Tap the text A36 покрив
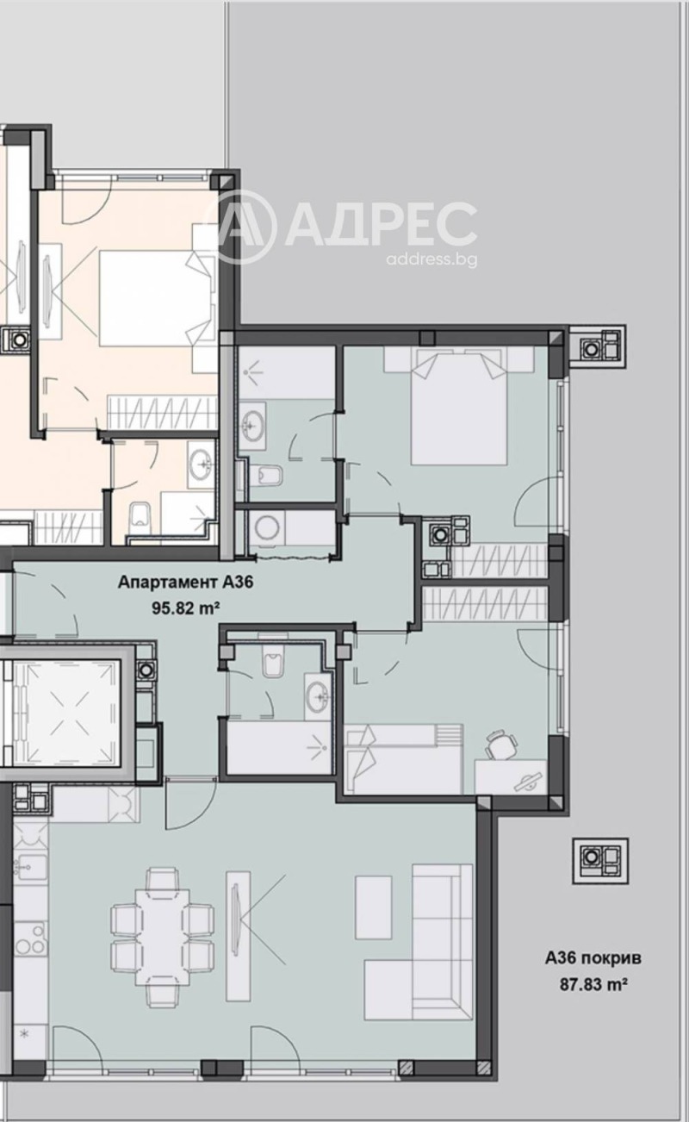593,957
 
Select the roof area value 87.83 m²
593,982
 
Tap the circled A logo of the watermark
244,227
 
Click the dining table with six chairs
162,937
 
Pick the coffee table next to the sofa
373,907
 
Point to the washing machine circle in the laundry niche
263,530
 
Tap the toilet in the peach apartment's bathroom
139,518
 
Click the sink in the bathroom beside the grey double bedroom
253,425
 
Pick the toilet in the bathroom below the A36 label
273,664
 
